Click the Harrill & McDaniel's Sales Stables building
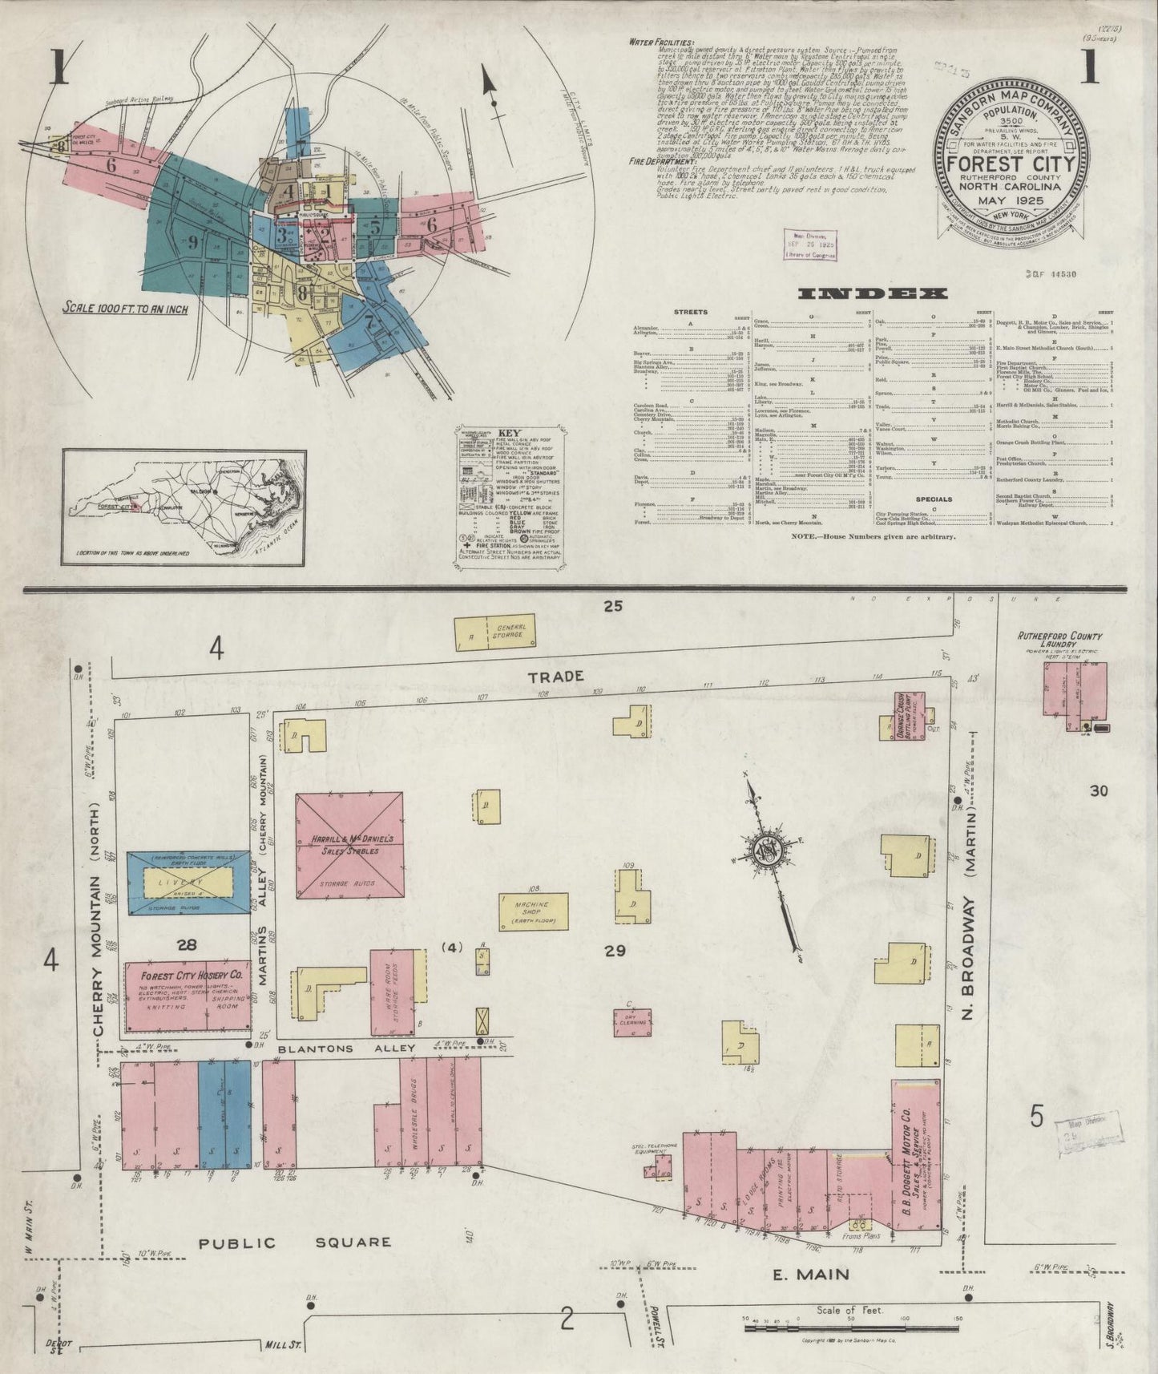[349, 845]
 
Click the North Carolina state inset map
[184, 505]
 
